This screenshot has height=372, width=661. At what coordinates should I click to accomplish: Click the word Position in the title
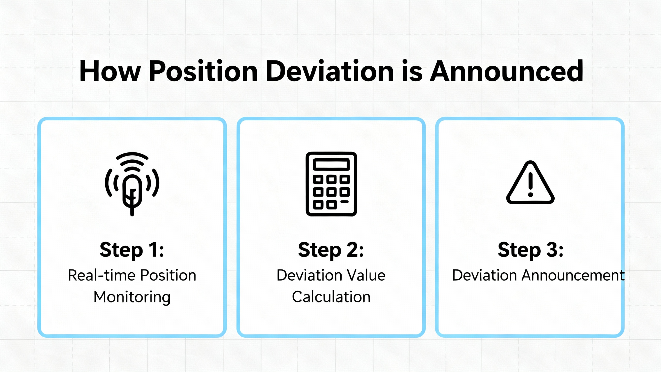203,71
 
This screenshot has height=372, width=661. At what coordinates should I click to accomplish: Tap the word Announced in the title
506,71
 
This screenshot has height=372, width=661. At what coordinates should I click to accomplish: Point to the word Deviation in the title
330,71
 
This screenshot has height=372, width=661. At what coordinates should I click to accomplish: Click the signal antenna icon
132,184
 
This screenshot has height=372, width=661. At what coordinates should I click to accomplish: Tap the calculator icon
331,184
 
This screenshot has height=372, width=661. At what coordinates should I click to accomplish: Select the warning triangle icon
531,183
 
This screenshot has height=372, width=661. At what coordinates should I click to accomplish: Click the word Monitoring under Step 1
132,297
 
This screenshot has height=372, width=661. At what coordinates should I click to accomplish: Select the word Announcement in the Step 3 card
573,275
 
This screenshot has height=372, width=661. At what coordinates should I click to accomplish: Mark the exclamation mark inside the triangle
531,185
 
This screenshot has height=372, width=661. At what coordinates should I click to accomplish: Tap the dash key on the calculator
344,202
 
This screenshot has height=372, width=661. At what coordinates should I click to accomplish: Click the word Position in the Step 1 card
168,275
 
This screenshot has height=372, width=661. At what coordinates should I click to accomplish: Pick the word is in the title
412,71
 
